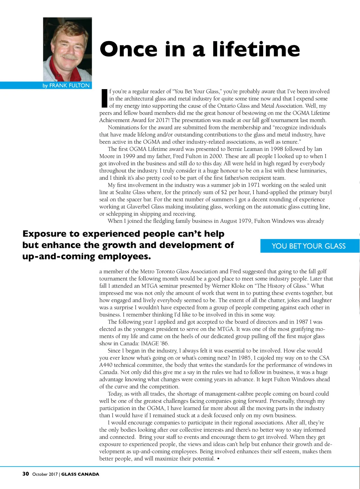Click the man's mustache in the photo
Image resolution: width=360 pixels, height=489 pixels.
[x=69, y=56]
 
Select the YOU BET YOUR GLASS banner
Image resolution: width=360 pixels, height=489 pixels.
[x=309, y=246]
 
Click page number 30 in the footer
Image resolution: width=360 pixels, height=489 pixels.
[x=26, y=474]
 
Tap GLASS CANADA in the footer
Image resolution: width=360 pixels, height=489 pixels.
[x=80, y=474]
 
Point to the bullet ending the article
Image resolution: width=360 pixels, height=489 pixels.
[x=218, y=459]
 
